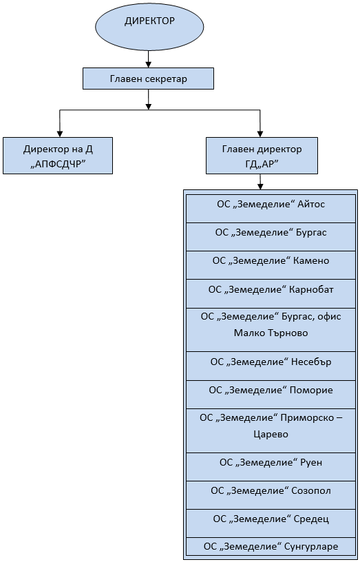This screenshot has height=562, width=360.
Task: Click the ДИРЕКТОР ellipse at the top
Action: (x=149, y=27)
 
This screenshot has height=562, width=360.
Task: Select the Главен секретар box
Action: (x=148, y=79)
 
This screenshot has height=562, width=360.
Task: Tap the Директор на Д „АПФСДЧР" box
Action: (x=58, y=156)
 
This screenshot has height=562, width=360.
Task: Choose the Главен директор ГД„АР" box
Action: (x=262, y=156)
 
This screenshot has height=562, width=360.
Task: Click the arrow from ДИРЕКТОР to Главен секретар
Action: (x=148, y=59)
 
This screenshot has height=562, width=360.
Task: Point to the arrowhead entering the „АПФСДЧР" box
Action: (x=60, y=134)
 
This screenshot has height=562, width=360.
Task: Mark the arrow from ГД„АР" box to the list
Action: (x=260, y=182)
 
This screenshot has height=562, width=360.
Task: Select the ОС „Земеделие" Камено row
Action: (x=271, y=265)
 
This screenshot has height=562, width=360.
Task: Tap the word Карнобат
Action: (x=311, y=289)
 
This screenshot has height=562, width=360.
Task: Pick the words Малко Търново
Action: (x=271, y=333)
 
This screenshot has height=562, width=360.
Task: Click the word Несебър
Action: (x=311, y=362)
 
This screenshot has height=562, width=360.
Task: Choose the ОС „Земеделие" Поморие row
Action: (x=271, y=395)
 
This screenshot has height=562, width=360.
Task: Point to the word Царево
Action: (x=271, y=435)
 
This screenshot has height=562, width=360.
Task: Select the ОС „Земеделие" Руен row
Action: (x=271, y=467)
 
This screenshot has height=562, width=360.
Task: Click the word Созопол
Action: (x=311, y=490)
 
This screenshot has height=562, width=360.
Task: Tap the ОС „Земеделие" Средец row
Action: (x=271, y=523)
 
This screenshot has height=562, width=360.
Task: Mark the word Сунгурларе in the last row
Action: (x=311, y=547)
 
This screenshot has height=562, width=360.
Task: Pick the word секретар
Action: (x=167, y=79)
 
